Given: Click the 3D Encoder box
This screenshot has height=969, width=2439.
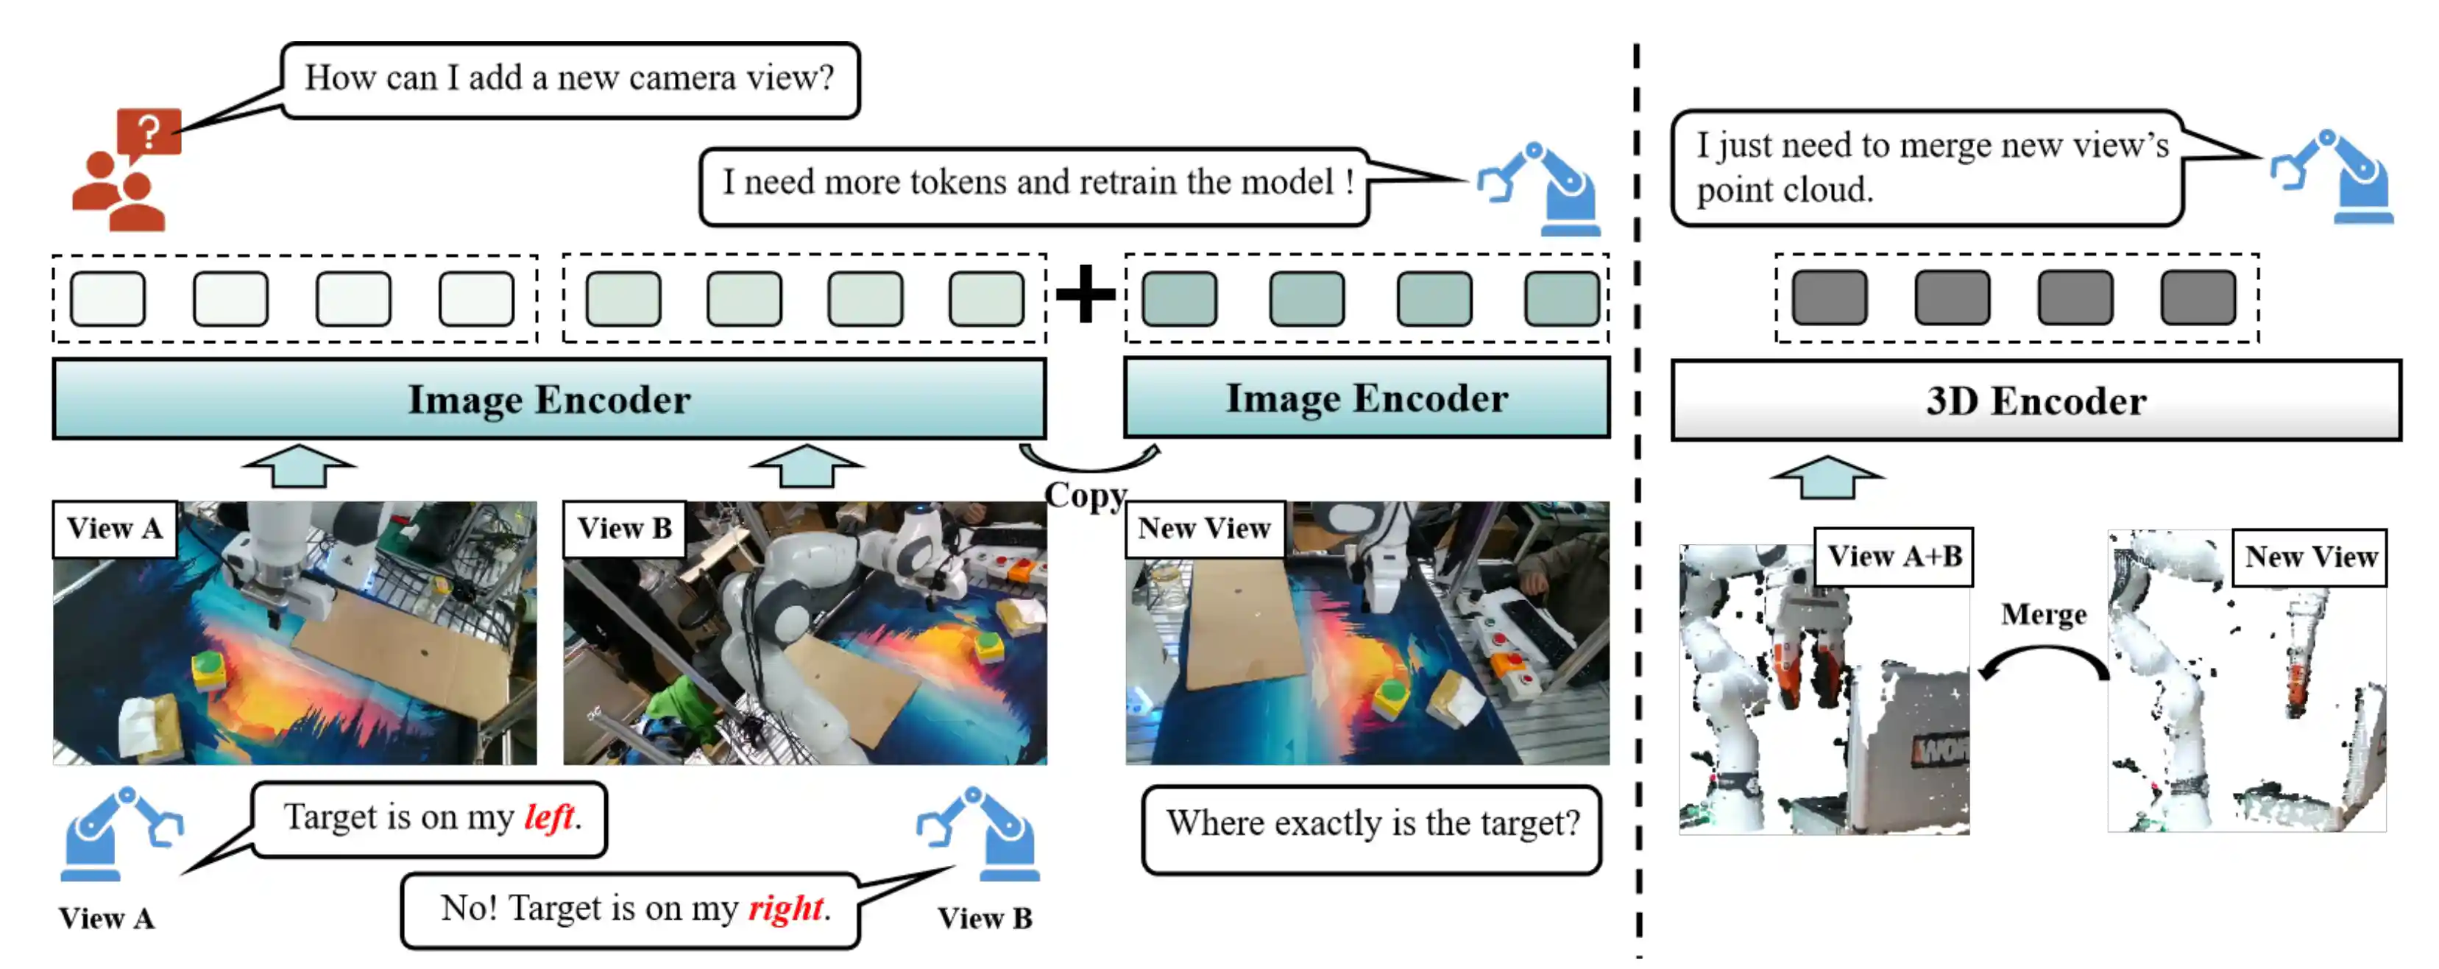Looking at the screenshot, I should (2036, 401).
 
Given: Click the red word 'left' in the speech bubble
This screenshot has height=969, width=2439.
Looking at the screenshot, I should (549, 817).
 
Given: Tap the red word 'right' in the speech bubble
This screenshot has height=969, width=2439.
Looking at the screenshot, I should (786, 907).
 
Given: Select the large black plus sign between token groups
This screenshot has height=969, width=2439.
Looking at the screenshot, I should (1085, 294).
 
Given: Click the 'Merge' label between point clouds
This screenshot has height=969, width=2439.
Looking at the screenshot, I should (2043, 614).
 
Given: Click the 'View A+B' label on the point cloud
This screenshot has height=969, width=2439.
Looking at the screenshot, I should (1894, 556).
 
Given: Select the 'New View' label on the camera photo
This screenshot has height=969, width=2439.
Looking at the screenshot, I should (1203, 528).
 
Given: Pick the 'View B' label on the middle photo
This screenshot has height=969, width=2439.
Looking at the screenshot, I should (624, 528).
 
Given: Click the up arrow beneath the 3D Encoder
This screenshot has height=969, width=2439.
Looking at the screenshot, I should (1827, 476).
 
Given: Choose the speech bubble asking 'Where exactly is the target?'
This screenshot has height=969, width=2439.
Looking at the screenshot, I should (1372, 824).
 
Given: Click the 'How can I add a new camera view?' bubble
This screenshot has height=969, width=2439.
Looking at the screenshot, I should (570, 79).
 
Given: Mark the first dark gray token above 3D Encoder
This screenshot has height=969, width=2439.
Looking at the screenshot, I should (1830, 297).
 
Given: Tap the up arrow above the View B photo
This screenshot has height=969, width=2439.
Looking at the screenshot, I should (806, 465).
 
